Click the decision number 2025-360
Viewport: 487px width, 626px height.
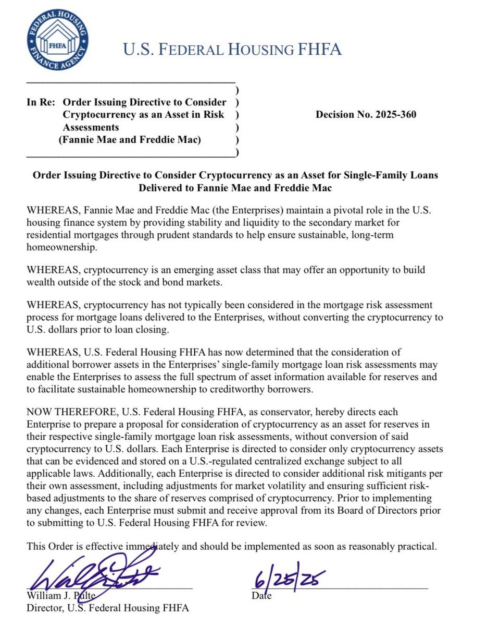pos(366,115)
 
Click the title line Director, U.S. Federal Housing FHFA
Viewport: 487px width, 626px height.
pos(108,608)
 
